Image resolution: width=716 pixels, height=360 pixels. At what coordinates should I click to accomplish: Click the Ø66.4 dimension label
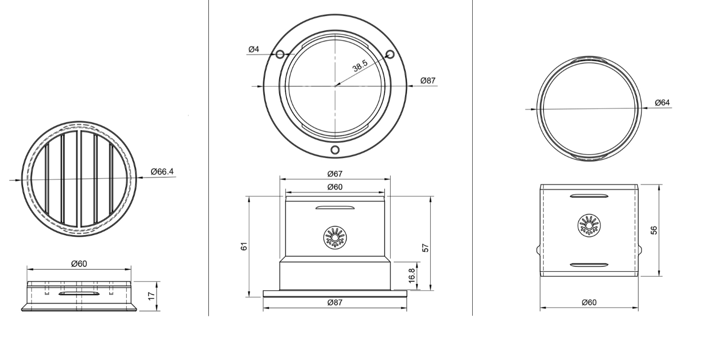click(x=163, y=172)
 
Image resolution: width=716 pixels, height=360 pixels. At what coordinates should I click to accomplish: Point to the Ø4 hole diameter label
click(x=254, y=49)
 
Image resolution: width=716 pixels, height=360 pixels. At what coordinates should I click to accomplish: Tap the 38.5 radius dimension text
click(x=360, y=66)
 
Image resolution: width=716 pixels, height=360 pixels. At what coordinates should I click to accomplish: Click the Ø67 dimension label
click(x=335, y=174)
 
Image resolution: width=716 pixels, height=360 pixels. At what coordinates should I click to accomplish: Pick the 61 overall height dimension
click(x=245, y=246)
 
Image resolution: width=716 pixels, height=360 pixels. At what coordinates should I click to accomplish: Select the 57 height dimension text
click(x=425, y=248)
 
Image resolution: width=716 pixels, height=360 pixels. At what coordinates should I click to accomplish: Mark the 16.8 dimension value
click(x=412, y=275)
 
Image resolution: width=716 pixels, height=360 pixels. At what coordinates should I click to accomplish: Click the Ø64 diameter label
click(x=662, y=103)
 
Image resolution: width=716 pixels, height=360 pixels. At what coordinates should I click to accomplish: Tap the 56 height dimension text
click(x=654, y=230)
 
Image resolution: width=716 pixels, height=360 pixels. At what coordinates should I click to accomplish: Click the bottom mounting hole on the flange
click(x=335, y=150)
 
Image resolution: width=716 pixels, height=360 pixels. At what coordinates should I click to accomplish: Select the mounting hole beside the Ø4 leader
click(x=280, y=54)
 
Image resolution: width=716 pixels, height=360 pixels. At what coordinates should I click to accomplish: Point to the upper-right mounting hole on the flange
click(x=390, y=54)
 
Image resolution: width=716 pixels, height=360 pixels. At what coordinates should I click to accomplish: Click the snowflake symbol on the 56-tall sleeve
click(x=589, y=226)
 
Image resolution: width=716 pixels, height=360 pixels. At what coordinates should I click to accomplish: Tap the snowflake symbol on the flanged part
click(x=335, y=238)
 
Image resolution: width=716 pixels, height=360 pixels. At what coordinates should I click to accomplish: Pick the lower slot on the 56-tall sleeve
click(x=589, y=265)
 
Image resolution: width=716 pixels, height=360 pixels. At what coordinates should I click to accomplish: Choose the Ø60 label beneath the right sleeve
click(x=589, y=302)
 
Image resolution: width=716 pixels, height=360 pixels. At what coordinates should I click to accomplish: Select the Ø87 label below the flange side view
click(x=335, y=302)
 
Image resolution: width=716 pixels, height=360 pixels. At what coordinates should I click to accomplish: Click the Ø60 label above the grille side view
click(x=79, y=263)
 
